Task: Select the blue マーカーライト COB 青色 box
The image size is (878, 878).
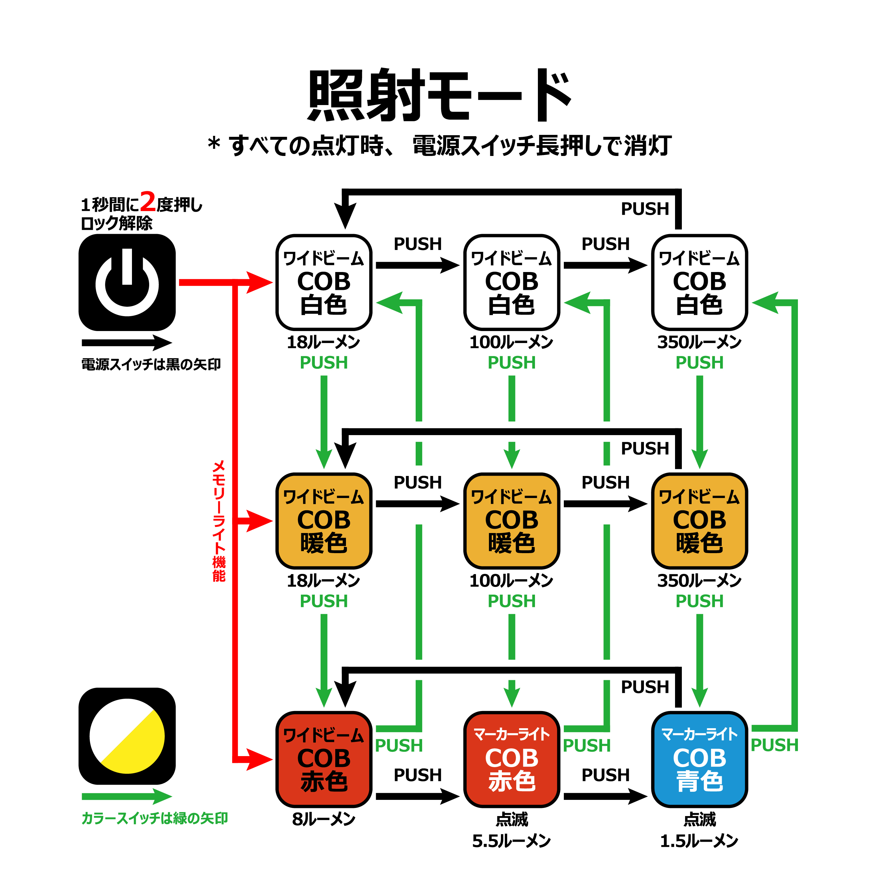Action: (699, 759)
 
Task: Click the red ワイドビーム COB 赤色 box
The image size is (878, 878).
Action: (324, 759)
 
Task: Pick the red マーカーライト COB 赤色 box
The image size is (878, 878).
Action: (511, 759)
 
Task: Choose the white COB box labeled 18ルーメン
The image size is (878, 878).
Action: (324, 282)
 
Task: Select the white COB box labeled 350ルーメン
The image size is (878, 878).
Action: (699, 282)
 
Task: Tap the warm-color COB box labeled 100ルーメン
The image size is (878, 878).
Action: (511, 521)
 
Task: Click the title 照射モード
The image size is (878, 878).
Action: (439, 95)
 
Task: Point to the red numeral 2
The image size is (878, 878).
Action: (148, 202)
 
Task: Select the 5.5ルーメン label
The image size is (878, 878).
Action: (511, 841)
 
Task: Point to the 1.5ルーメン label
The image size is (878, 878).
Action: (699, 841)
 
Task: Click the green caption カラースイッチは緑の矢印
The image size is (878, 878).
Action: (155, 818)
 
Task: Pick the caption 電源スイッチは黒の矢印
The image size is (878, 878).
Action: (151, 364)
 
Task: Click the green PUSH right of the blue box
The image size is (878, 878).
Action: (774, 745)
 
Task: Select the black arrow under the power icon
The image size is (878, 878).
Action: (127, 343)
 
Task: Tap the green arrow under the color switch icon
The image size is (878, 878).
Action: (127, 796)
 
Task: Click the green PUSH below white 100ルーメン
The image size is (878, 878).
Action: (511, 363)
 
